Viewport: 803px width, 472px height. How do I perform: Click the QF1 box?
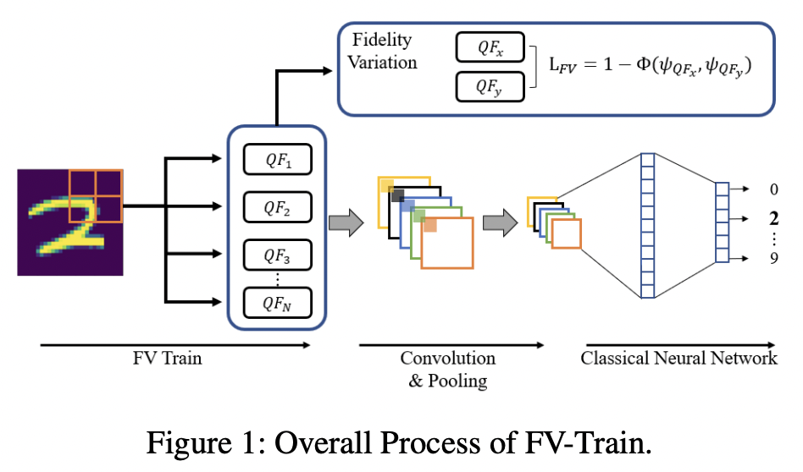click(277, 159)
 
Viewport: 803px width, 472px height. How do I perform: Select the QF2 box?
click(277, 206)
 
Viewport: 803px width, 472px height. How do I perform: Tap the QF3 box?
click(277, 254)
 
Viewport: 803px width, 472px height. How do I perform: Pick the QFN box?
click(277, 301)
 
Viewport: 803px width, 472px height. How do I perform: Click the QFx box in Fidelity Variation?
click(490, 48)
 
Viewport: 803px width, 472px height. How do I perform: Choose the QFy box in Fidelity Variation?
click(490, 86)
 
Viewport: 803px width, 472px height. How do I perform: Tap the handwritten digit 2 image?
click(70, 222)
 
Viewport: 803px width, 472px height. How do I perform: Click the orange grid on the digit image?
click(96, 195)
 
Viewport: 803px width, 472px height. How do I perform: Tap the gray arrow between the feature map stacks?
click(499, 223)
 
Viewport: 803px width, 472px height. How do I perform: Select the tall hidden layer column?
click(647, 225)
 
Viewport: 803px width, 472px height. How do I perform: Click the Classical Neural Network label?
click(678, 359)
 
